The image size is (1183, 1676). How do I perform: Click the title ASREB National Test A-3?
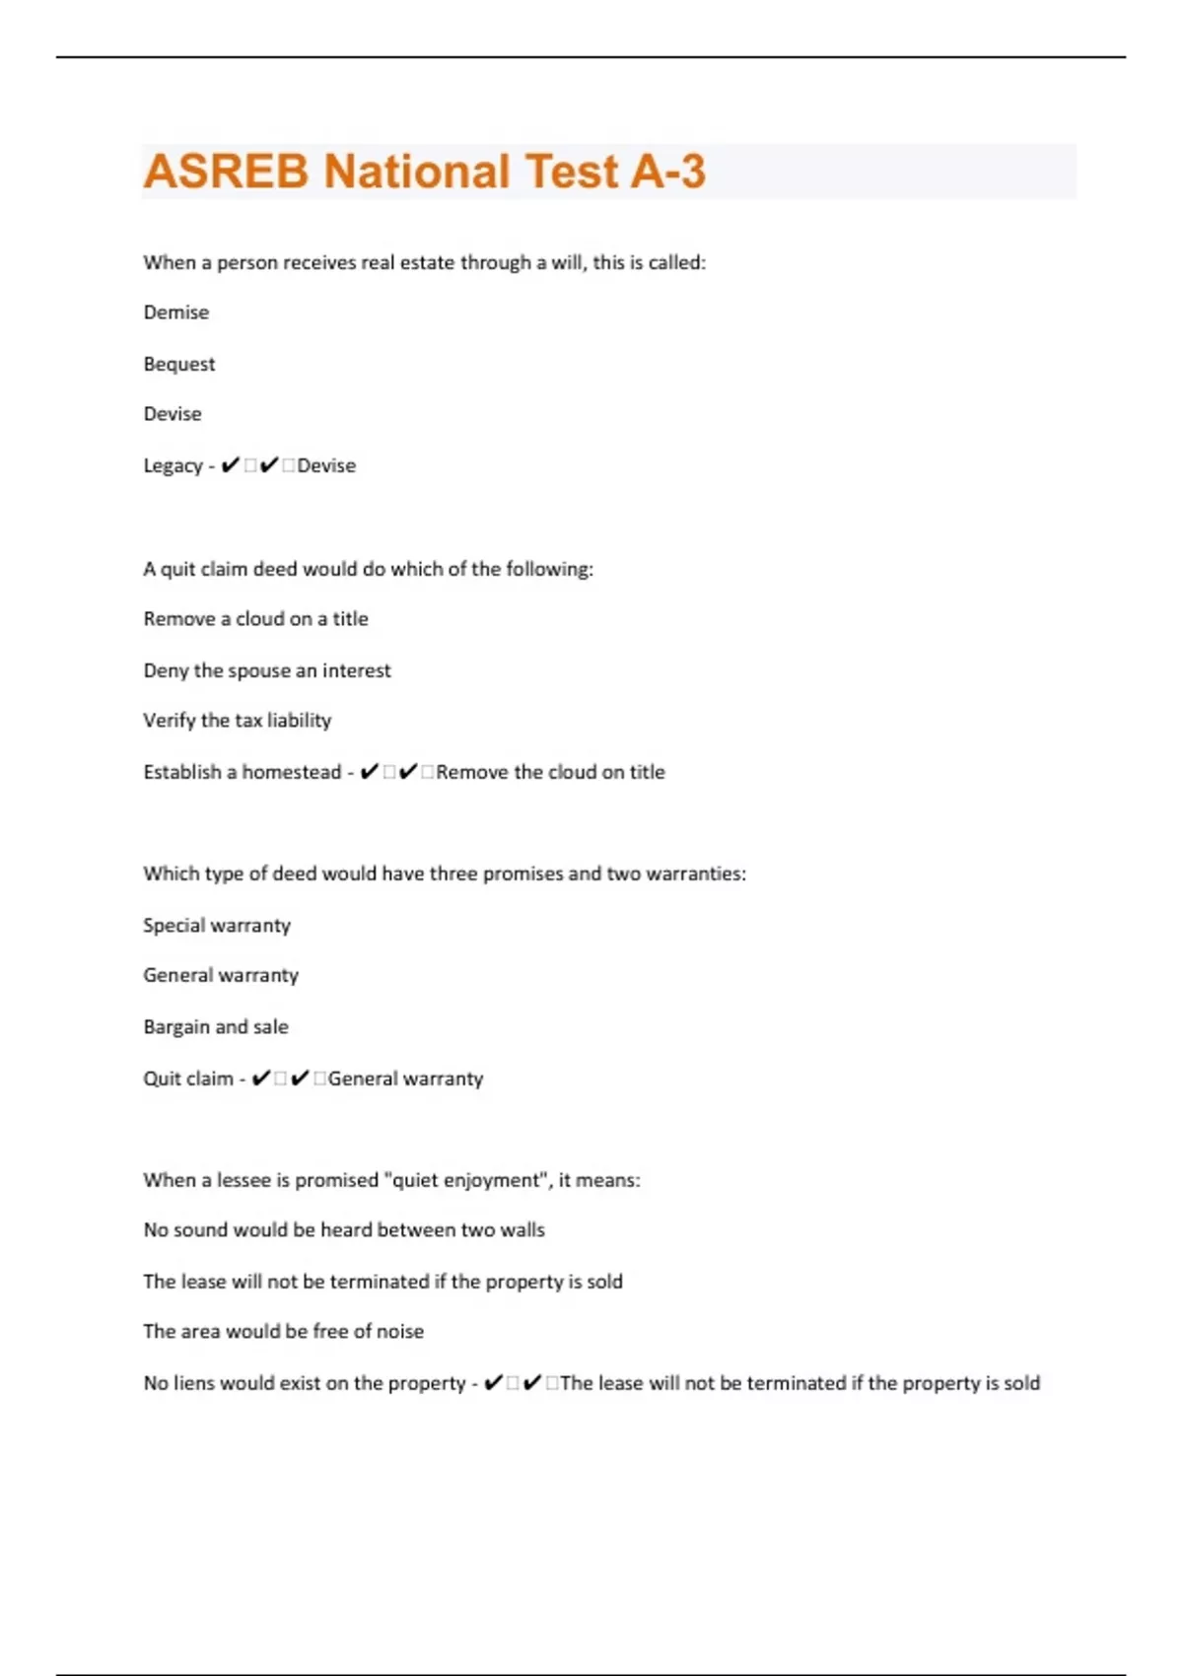point(424,172)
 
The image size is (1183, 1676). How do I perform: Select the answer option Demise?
point(176,313)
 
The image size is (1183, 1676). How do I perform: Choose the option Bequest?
point(179,364)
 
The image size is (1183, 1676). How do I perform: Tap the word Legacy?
point(173,465)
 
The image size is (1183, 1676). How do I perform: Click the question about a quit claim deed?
point(368,569)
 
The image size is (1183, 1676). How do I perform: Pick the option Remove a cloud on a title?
point(255,619)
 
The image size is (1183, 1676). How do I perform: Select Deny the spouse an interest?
point(267,670)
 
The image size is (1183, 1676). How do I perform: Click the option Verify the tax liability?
point(237,721)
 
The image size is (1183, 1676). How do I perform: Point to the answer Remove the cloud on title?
point(550,772)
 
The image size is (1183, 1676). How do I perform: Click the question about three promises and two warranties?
point(445,873)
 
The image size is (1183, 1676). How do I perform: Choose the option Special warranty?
point(217,925)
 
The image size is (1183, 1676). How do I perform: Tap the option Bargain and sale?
point(216,1026)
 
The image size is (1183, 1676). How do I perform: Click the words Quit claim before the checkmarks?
point(188,1079)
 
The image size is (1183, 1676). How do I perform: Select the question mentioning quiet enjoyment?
point(391,1180)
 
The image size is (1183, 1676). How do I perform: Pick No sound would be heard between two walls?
point(344,1230)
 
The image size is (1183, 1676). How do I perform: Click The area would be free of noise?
point(283,1331)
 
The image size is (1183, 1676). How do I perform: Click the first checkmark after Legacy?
point(230,465)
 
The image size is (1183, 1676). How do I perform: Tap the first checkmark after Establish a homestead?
point(369,772)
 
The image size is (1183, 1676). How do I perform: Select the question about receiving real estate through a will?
point(424,262)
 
